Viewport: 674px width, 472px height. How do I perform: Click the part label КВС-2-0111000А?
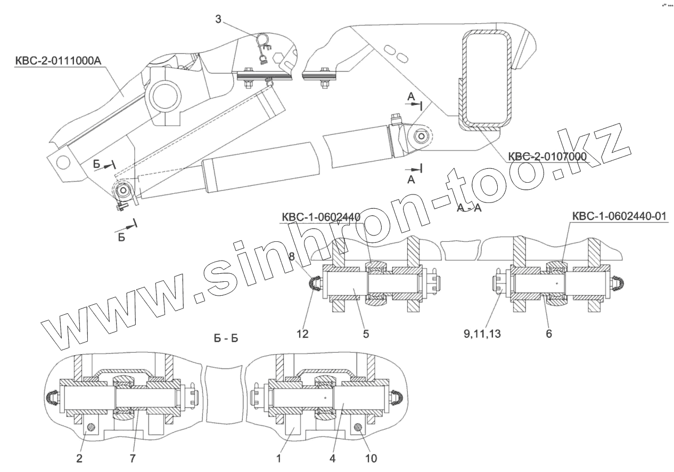click(x=58, y=61)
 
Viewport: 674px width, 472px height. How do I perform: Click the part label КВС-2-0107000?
click(x=547, y=156)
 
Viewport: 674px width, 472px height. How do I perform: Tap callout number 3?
click(x=218, y=20)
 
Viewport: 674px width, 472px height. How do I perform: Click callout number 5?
click(x=366, y=334)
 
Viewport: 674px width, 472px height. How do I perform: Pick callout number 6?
click(x=548, y=334)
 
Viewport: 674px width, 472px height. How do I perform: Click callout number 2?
click(x=79, y=458)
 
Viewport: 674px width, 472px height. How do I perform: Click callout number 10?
click(x=372, y=458)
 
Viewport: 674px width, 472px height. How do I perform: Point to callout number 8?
click(x=292, y=257)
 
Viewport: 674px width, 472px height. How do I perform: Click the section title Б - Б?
click(x=226, y=339)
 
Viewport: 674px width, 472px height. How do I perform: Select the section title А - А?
click(x=469, y=208)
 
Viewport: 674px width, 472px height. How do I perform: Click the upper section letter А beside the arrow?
click(x=410, y=96)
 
